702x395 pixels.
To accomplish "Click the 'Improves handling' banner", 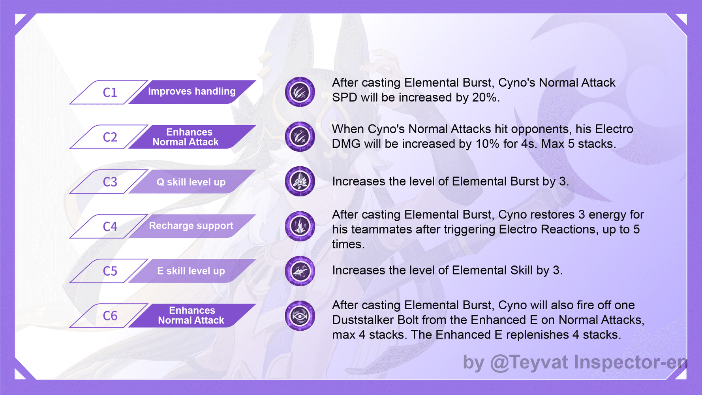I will click(192, 92).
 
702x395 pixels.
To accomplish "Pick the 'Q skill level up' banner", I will click(191, 182).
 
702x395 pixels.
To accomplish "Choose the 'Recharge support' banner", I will click(191, 226).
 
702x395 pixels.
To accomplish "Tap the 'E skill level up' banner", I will click(191, 271).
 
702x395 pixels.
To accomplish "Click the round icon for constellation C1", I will click(300, 92).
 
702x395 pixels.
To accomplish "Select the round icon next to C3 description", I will click(300, 181).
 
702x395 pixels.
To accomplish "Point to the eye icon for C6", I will click(300, 316).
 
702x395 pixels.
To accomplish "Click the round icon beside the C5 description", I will click(300, 271).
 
